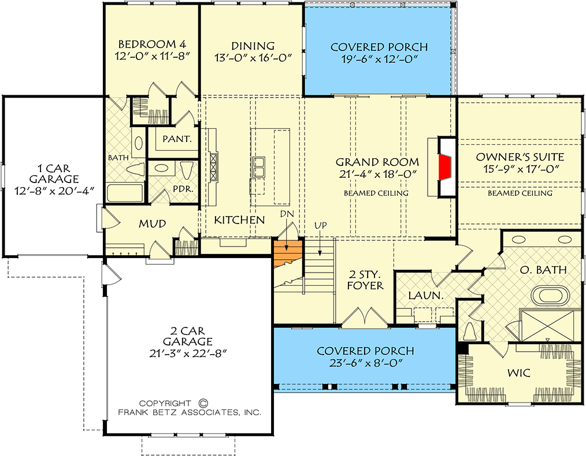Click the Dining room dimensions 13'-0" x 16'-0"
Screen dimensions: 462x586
[252, 57]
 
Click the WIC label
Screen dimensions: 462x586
[518, 374]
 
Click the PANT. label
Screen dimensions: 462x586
[173, 139]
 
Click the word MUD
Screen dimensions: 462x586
[153, 223]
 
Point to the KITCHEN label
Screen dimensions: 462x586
[239, 220]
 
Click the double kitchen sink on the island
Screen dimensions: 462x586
[258, 168]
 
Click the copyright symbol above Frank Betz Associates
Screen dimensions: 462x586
[202, 403]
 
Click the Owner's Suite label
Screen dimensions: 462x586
[520, 157]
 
